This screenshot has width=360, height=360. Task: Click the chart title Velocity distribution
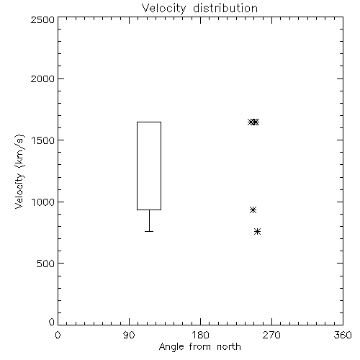click(199, 9)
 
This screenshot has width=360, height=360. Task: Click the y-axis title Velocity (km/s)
click(19, 171)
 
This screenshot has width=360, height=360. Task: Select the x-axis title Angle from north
click(199, 347)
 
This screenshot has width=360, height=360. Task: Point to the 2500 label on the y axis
click(42, 19)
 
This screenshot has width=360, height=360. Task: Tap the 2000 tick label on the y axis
click(42, 78)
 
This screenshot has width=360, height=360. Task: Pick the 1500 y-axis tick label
click(43, 140)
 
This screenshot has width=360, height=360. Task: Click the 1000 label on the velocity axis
click(43, 202)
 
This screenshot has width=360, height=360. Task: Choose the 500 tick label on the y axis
click(46, 264)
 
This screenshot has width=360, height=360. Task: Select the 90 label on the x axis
click(129, 335)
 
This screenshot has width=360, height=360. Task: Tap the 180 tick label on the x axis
click(200, 335)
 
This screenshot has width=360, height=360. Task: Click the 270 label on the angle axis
click(271, 335)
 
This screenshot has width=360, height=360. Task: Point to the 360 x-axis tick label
click(343, 335)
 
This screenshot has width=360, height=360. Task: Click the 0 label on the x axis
click(58, 335)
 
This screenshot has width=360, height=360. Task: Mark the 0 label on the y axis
click(52, 322)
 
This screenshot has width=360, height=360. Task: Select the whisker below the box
click(149, 221)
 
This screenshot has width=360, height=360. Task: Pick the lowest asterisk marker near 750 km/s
click(257, 232)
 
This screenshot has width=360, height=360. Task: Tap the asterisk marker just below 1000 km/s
click(253, 210)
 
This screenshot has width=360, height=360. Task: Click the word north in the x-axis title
click(229, 347)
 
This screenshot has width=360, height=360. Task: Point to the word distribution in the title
click(225, 9)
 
